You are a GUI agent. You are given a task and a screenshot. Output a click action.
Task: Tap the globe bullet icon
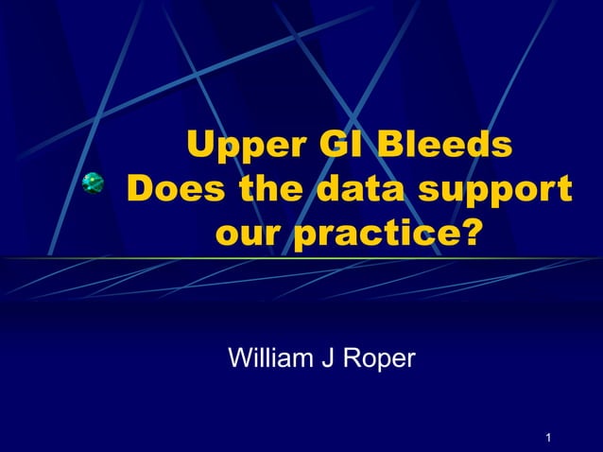[x=94, y=184]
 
